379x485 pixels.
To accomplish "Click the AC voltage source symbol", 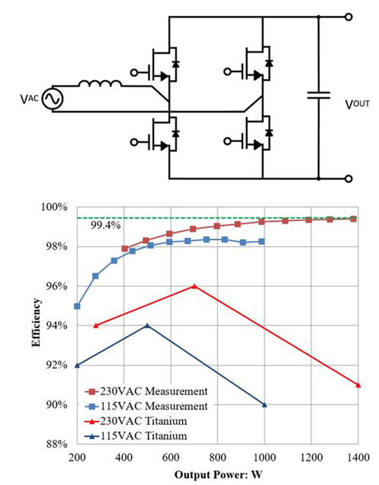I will click(x=50, y=99).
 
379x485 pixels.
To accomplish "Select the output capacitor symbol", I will click(x=318, y=95).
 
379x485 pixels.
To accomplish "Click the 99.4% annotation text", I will click(x=105, y=225).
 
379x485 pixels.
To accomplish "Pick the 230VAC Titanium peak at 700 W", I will click(x=194, y=286).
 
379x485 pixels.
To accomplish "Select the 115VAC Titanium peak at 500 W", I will click(x=147, y=325).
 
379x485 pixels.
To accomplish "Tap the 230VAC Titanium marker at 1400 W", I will click(x=358, y=385).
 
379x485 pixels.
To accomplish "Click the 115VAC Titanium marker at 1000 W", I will click(x=264, y=404).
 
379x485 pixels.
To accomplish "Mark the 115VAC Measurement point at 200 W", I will click(x=77, y=306).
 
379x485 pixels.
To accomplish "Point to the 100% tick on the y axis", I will click(x=59, y=207).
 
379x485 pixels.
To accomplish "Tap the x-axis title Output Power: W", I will click(x=217, y=475).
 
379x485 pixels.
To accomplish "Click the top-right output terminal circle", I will click(x=349, y=17).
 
